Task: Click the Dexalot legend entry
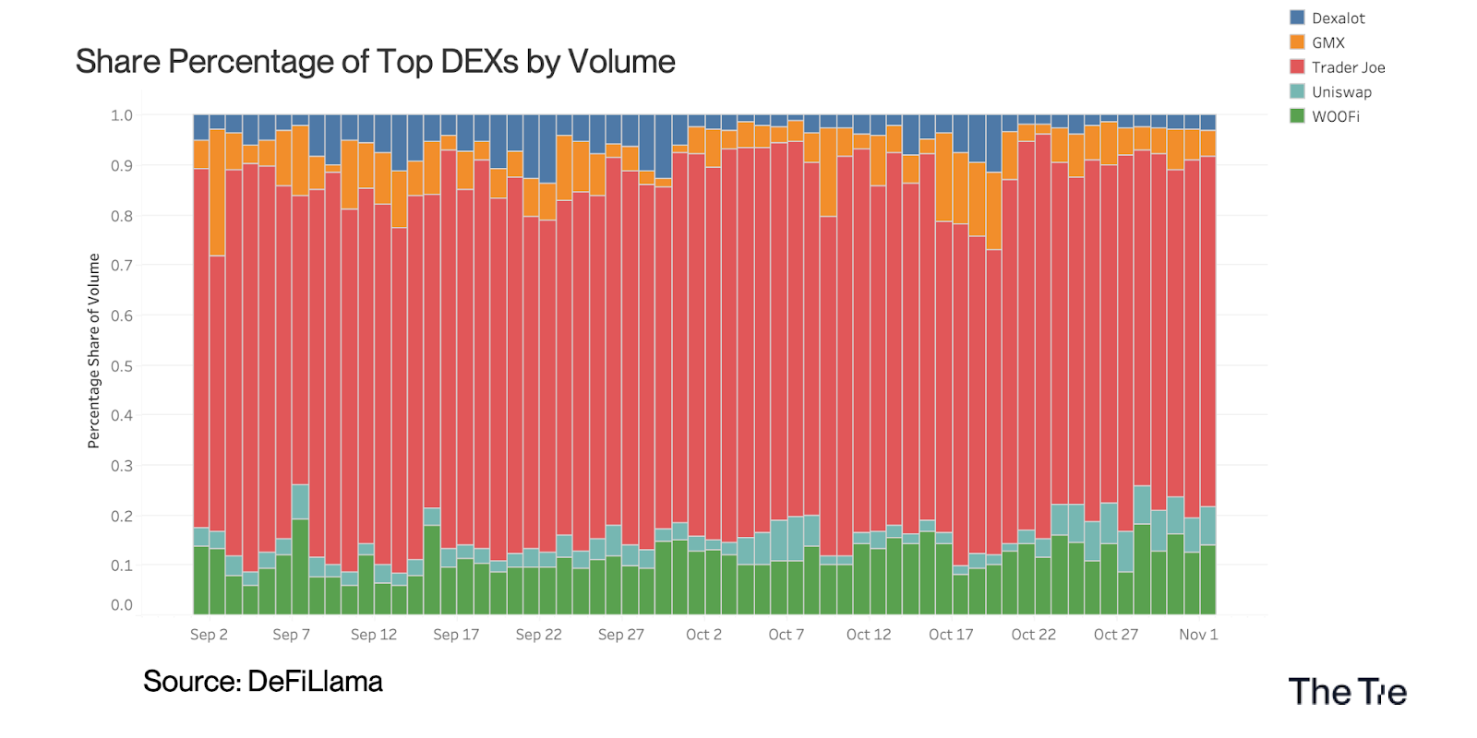click(x=1338, y=18)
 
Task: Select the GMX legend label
click(x=1328, y=42)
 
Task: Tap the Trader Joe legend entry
click(x=1348, y=67)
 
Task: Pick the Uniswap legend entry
click(x=1341, y=92)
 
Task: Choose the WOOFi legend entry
click(x=1335, y=116)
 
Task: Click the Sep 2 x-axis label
click(x=209, y=635)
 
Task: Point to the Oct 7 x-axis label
click(x=786, y=635)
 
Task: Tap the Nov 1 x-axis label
click(x=1198, y=635)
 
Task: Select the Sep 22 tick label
click(x=538, y=635)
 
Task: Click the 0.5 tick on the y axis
click(x=122, y=365)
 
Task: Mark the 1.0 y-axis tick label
click(x=122, y=115)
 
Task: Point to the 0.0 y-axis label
click(x=122, y=605)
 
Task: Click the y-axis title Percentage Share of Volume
click(x=93, y=351)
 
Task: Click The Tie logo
click(x=1347, y=692)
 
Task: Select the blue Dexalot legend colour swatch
click(x=1297, y=18)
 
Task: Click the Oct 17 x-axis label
click(x=951, y=635)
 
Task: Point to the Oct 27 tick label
click(x=1115, y=635)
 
